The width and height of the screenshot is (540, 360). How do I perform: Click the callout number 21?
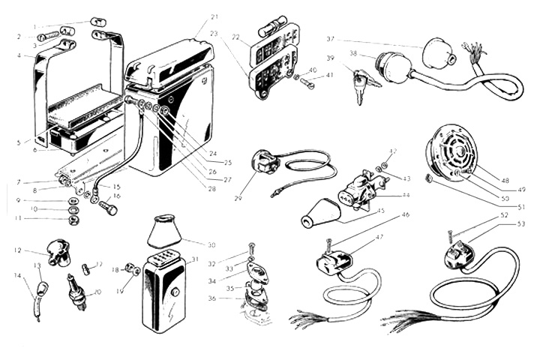(x=214, y=16)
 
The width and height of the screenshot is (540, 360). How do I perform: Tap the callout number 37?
(x=331, y=38)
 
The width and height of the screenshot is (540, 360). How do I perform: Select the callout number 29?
(x=238, y=197)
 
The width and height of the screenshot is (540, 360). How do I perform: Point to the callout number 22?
(x=235, y=36)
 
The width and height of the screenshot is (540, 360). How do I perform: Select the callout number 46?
(x=406, y=215)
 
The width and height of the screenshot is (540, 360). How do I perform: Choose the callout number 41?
(x=331, y=75)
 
